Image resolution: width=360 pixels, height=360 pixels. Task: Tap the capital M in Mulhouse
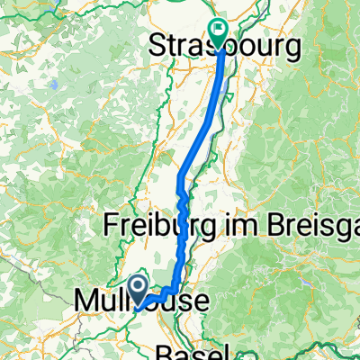(83, 298)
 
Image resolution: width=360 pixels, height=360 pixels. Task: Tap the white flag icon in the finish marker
(219, 29)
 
